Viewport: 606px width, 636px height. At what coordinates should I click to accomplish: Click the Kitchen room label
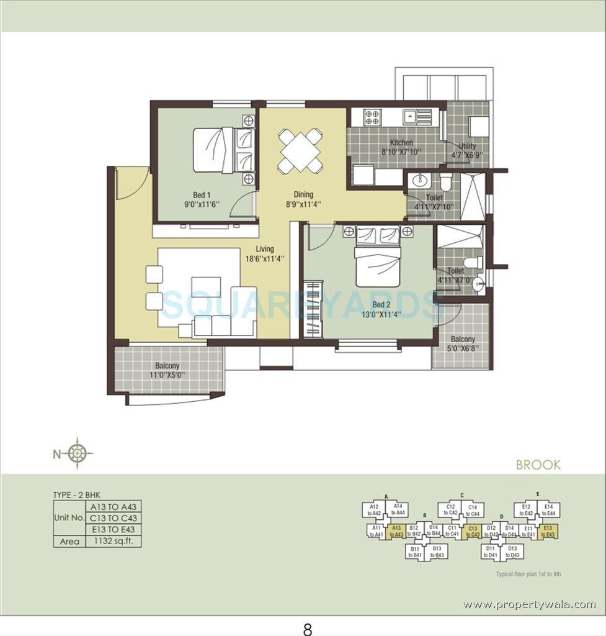(x=401, y=143)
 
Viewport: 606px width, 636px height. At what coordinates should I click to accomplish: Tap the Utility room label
(x=467, y=147)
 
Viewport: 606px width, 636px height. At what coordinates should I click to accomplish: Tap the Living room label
(x=264, y=249)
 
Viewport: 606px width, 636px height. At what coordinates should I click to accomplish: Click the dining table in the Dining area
(x=300, y=150)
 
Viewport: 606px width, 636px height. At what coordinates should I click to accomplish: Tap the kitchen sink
(x=411, y=116)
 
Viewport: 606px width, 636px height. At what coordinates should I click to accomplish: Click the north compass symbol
(x=77, y=453)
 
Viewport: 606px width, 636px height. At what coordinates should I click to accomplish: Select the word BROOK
(x=538, y=465)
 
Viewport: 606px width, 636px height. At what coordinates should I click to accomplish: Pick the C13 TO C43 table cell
(x=114, y=518)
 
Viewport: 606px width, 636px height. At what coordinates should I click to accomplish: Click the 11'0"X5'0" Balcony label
(x=167, y=370)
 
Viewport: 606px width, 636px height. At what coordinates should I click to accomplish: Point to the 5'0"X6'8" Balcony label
(x=463, y=343)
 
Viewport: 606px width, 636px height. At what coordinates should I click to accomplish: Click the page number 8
(x=307, y=629)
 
